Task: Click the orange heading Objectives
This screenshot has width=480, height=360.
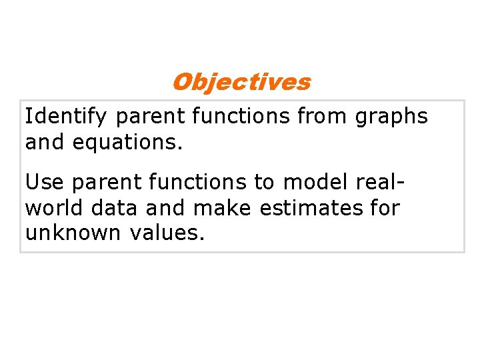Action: click(241, 82)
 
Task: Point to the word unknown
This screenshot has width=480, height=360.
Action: click(73, 233)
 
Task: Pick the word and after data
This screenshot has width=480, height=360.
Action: click(166, 208)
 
